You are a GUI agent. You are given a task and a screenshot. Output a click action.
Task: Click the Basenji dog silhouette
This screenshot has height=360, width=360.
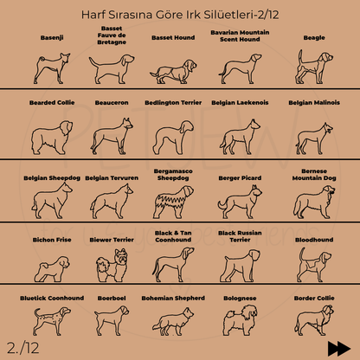click(48, 66)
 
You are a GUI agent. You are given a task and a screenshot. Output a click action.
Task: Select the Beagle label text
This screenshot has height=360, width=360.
click(314, 38)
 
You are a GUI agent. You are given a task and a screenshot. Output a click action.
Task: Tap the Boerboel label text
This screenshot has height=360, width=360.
click(112, 297)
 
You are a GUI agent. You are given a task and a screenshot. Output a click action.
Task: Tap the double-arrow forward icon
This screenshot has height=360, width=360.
click(338, 347)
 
